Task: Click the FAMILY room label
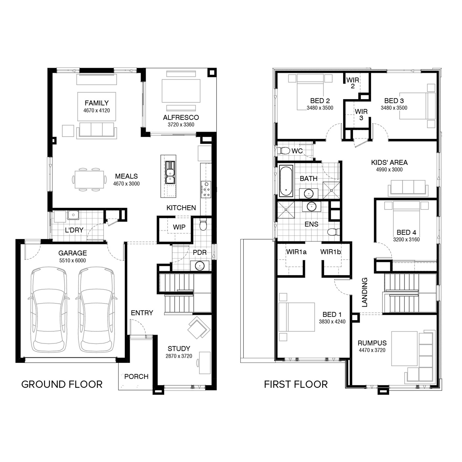[x=97, y=103]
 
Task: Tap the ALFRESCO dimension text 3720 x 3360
[x=181, y=124]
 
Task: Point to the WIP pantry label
[x=179, y=227]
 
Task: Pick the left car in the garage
[x=49, y=310]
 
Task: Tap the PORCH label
[x=136, y=376]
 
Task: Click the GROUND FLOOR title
[x=62, y=384]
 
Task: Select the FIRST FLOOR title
[x=296, y=384]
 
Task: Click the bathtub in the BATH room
[x=286, y=181]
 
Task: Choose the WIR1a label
[x=296, y=252]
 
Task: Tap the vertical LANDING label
[x=365, y=292]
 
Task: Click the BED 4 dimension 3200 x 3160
[x=406, y=239]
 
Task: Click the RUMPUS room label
[x=372, y=343]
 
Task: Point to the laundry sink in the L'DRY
[x=73, y=215]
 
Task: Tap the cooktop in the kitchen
[x=206, y=189]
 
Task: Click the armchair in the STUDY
[x=197, y=328]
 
